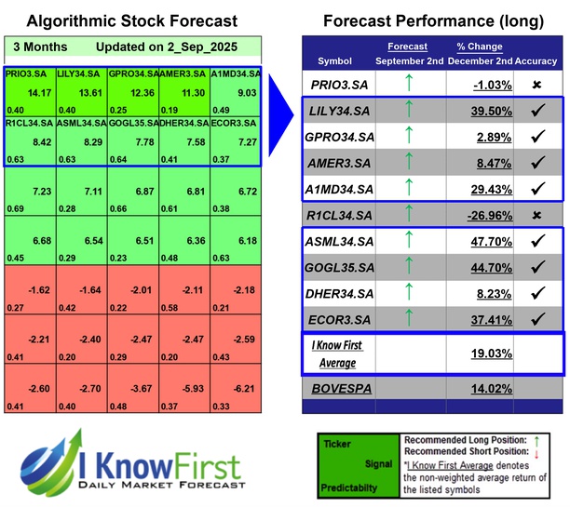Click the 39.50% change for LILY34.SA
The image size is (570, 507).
click(470, 111)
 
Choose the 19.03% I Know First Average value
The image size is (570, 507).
click(470, 354)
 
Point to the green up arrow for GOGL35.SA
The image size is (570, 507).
click(407, 268)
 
